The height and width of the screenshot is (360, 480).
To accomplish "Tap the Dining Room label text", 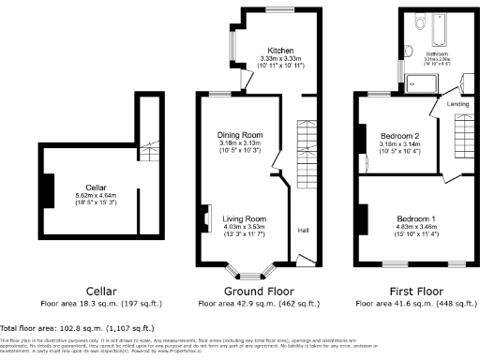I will click(x=239, y=135).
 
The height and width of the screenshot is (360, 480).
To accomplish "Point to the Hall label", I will click(x=303, y=230).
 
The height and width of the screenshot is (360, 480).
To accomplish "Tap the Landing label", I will click(x=458, y=105).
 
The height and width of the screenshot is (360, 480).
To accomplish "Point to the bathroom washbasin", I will click(x=411, y=52).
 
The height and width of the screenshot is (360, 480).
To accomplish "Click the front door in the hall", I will click(x=303, y=260).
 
